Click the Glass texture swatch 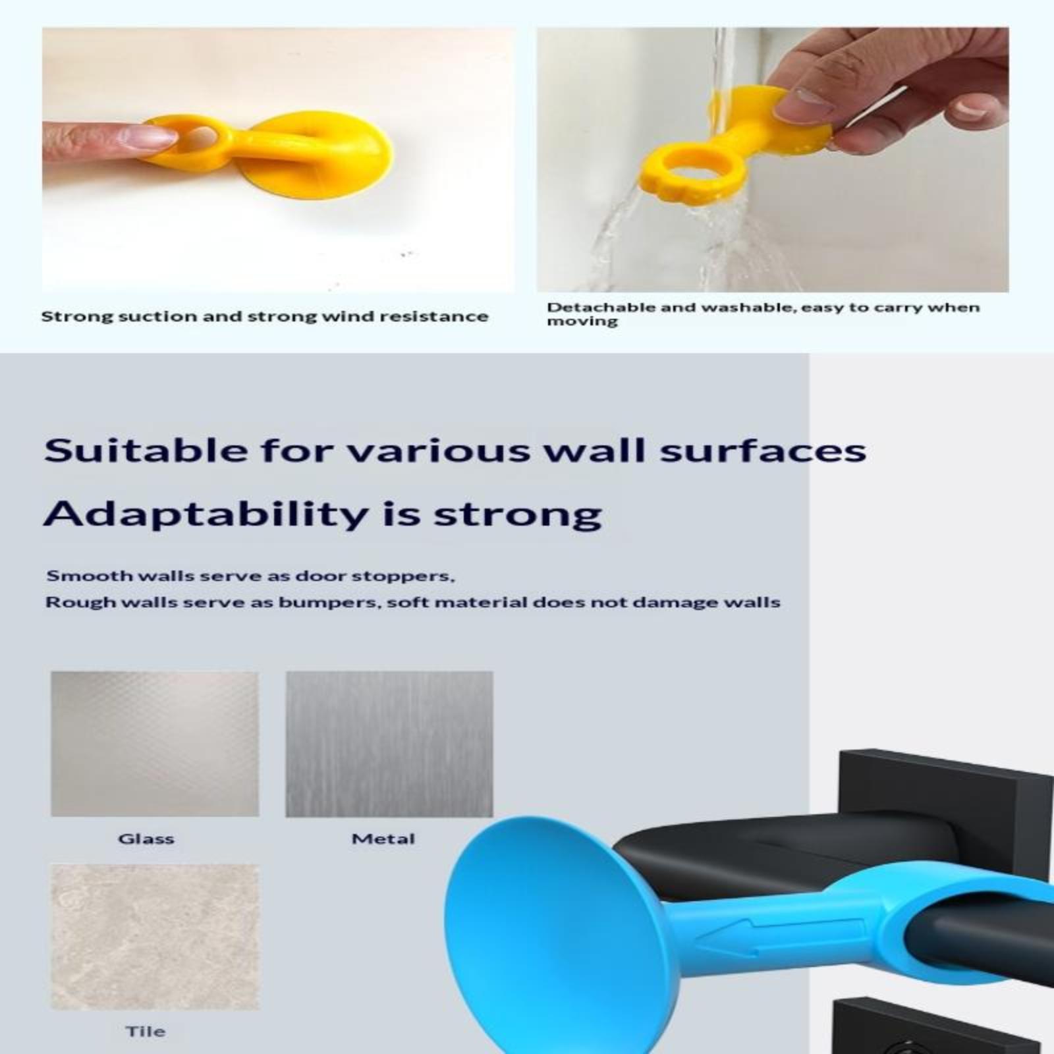point(155,744)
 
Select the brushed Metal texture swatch point(389,744)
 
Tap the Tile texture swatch point(155,937)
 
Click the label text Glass point(146,839)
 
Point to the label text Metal point(383,839)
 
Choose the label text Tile point(146,1031)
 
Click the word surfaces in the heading point(763,451)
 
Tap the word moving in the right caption point(582,321)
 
